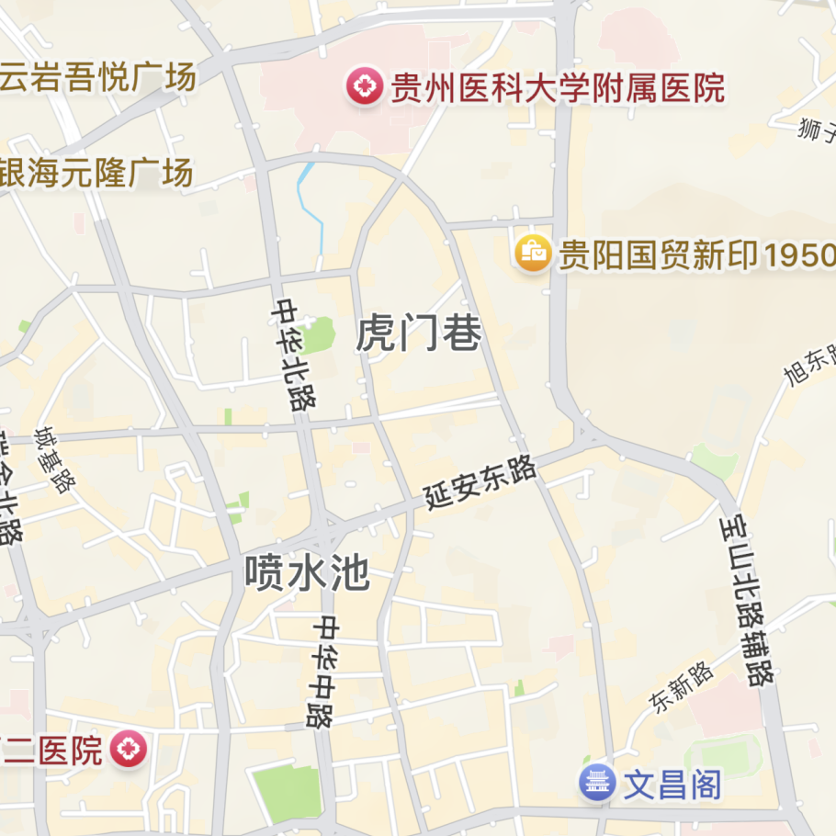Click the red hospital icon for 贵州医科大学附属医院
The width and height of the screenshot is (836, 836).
pyautogui.click(x=365, y=87)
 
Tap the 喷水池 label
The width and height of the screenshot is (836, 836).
pyautogui.click(x=307, y=574)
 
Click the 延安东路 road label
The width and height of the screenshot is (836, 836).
pyautogui.click(x=480, y=484)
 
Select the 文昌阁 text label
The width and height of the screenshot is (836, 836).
pyautogui.click(x=672, y=785)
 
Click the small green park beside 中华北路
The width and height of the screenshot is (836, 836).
pyautogui.click(x=319, y=335)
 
